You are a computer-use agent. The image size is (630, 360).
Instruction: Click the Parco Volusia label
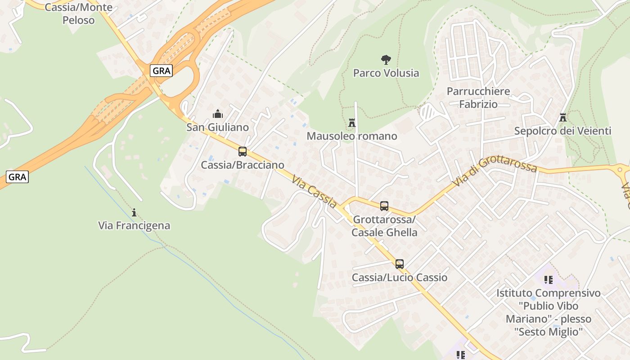(x=386, y=73)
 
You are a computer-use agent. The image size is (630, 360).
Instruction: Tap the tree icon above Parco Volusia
(x=386, y=59)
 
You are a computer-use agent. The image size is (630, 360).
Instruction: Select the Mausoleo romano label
(x=352, y=136)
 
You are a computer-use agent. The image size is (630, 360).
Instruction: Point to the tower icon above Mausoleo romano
(x=352, y=122)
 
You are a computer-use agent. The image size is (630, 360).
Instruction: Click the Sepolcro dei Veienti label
(x=562, y=131)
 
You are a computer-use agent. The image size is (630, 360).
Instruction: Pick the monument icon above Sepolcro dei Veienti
(x=562, y=117)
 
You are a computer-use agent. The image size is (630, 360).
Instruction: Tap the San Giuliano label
(x=218, y=127)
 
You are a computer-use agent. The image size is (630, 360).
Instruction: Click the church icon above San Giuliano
(x=218, y=114)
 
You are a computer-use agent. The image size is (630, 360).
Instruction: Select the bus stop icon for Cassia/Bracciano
(x=243, y=152)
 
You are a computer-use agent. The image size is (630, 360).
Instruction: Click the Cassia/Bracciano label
(x=243, y=165)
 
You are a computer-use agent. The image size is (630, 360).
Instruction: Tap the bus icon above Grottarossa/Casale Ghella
(x=384, y=206)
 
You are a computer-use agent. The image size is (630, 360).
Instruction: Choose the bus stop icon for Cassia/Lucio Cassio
(x=400, y=264)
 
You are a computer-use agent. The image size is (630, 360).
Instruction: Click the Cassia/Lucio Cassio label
(x=400, y=277)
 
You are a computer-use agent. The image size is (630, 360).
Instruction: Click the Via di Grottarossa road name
(x=495, y=172)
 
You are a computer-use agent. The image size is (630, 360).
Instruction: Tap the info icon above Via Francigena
(x=134, y=212)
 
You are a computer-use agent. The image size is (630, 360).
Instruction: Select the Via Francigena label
(x=134, y=225)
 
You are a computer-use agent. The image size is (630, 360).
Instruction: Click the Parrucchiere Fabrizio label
(x=478, y=98)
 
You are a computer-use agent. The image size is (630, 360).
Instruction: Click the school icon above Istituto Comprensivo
(x=549, y=280)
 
